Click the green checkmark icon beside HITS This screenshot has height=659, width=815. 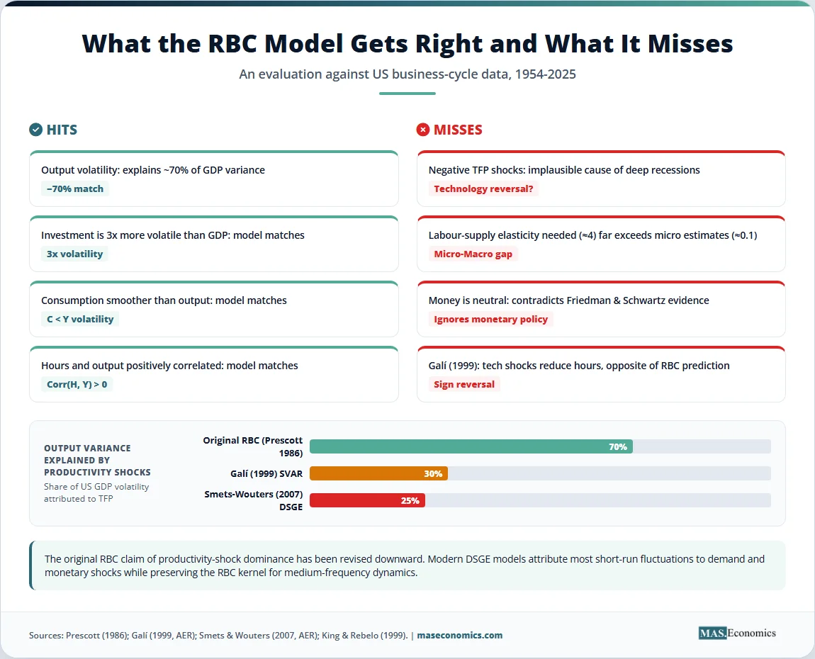[36, 130]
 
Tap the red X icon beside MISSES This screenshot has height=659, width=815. [423, 130]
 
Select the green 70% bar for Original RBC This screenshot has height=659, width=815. [471, 446]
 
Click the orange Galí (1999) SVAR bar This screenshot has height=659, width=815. [378, 473]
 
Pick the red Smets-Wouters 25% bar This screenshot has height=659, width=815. [368, 500]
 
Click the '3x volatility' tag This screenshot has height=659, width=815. [75, 254]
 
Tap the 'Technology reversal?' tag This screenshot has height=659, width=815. [483, 188]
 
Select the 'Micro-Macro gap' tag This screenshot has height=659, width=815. [473, 254]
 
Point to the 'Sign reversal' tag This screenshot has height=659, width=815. [464, 385]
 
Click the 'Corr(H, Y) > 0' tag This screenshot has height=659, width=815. [77, 385]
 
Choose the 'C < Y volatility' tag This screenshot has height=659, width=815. [80, 319]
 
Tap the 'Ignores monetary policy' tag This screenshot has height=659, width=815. [490, 319]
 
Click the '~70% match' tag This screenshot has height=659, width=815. [75, 188]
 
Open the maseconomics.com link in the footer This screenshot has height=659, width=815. [459, 635]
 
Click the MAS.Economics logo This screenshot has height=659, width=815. [737, 633]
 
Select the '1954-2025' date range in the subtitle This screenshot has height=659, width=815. [545, 74]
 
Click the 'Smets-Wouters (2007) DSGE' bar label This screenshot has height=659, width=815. [253, 500]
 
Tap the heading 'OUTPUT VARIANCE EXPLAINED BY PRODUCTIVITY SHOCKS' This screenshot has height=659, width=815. [97, 460]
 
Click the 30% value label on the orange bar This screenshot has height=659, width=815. [433, 473]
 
